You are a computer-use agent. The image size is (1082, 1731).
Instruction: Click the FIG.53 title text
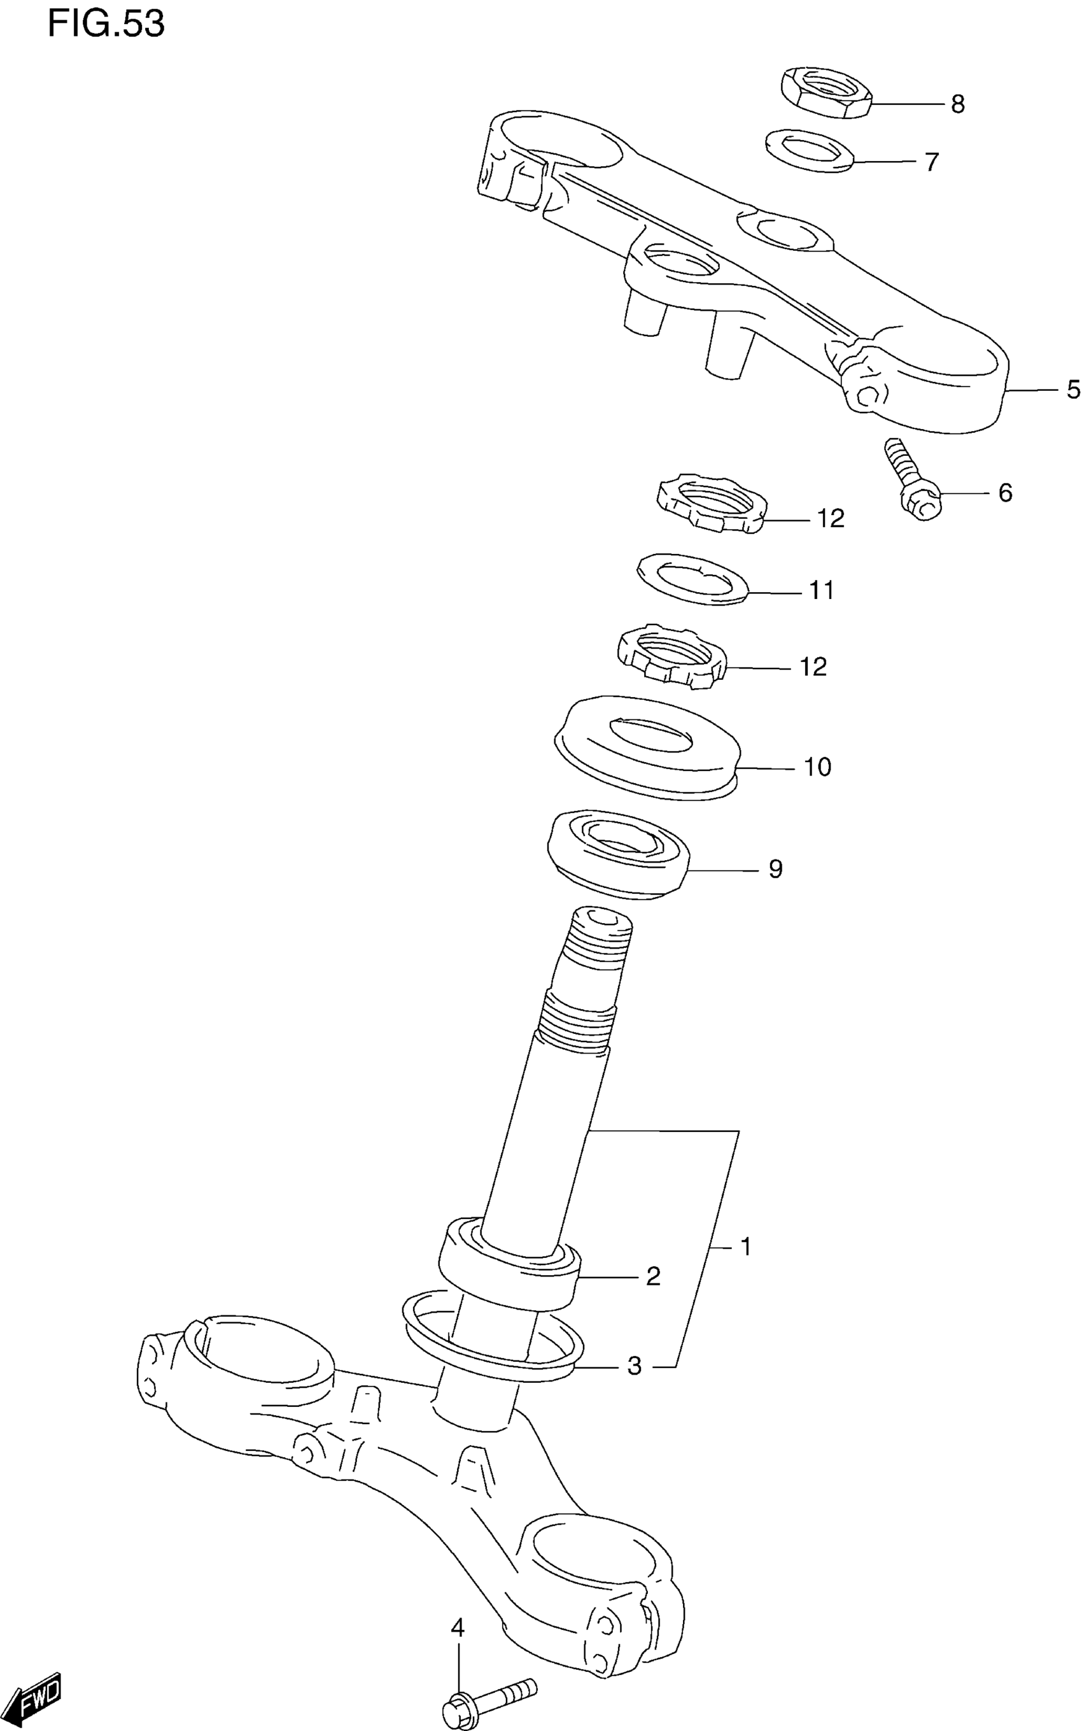(x=106, y=24)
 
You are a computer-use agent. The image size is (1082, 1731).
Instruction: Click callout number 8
(x=957, y=105)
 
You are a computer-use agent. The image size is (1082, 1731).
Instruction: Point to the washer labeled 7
(x=808, y=150)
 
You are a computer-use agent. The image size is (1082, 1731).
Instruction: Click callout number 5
(x=1072, y=390)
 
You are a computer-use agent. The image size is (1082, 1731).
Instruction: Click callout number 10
(x=817, y=767)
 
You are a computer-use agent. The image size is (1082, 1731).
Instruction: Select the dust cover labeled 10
(x=648, y=746)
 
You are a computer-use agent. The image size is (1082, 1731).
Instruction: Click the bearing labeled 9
(x=617, y=853)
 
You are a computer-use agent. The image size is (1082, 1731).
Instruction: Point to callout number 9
(x=776, y=869)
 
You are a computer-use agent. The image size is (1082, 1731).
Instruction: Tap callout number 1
(x=745, y=1247)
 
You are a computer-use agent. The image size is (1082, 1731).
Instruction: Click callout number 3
(x=634, y=1366)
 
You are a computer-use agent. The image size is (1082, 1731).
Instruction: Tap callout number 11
(x=822, y=590)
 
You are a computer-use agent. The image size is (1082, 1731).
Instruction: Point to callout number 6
(x=1005, y=493)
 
